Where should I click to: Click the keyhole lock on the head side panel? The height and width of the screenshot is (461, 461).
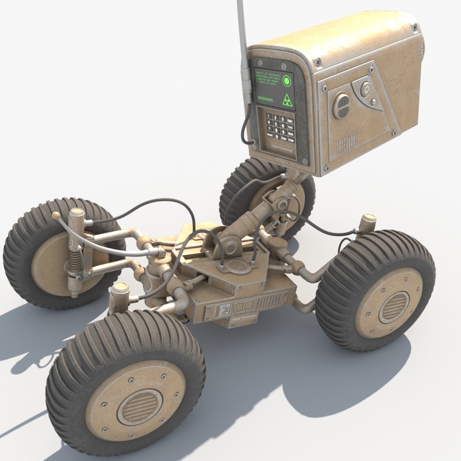click(366, 89)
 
